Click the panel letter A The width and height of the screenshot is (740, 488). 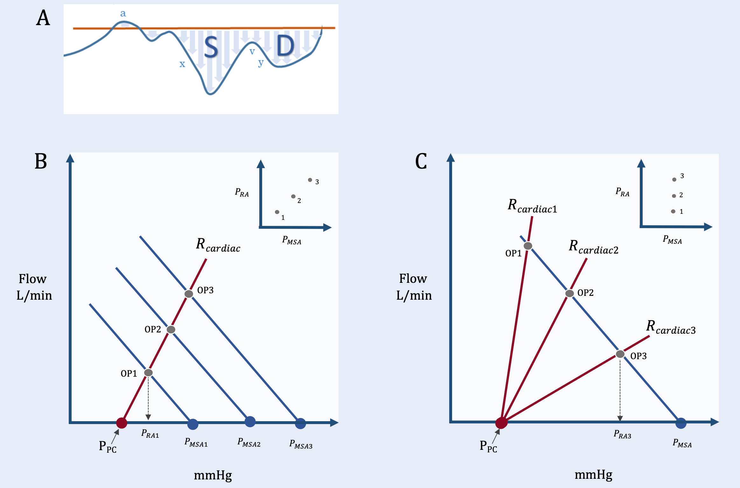click(43, 18)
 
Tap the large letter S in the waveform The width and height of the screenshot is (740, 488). click(211, 47)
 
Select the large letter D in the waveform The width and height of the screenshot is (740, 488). click(285, 46)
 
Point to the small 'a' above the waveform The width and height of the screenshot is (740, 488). click(123, 14)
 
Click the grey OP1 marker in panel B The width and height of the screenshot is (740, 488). click(148, 373)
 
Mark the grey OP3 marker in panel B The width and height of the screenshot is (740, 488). click(189, 294)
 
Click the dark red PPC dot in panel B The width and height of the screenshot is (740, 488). click(122, 423)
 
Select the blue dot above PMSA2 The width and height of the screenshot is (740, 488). click(250, 422)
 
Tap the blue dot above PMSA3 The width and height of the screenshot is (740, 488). click(300, 423)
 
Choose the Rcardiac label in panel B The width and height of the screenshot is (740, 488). click(218, 246)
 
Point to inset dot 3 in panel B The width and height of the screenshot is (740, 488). click(310, 180)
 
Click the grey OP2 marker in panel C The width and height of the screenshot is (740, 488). click(569, 293)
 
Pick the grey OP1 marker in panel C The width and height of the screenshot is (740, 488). click(528, 246)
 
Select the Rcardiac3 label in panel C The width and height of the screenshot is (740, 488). click(671, 328)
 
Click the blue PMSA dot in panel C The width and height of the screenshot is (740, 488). click(681, 423)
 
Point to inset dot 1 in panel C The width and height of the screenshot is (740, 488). click(673, 212)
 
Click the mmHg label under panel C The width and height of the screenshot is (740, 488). click(593, 475)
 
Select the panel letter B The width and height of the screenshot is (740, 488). click(41, 161)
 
